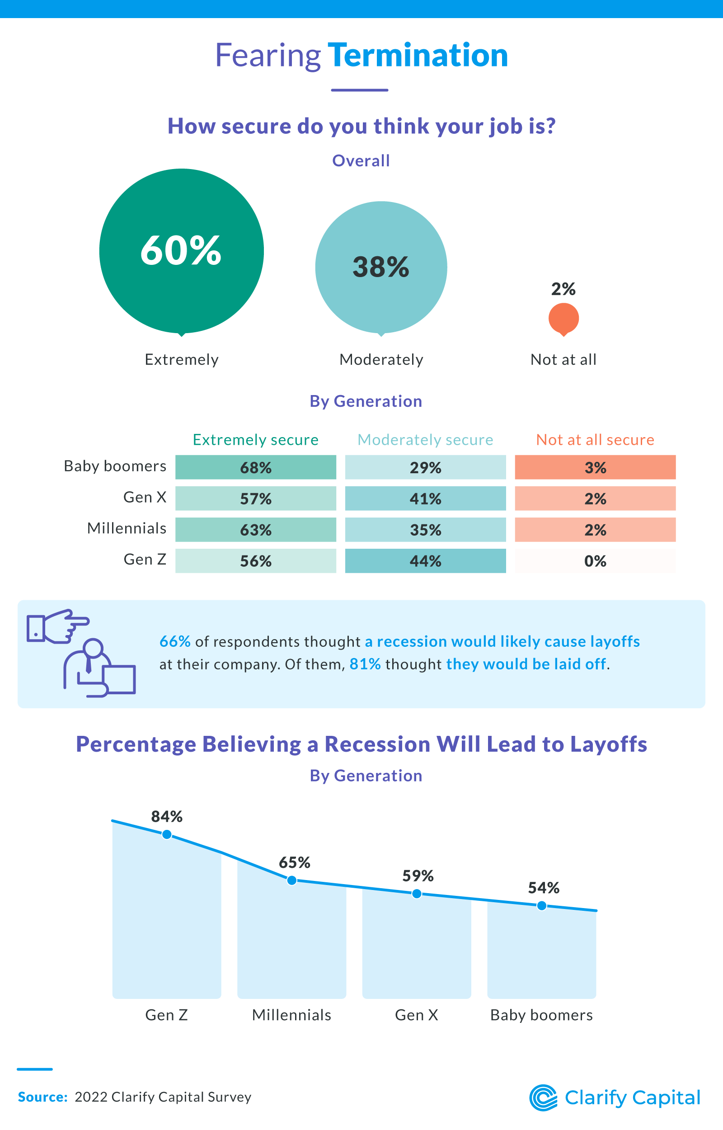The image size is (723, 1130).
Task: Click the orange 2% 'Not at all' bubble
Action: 563,319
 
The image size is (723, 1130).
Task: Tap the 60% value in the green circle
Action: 181,251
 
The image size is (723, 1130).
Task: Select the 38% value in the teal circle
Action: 381,267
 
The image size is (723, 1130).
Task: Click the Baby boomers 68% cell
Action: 255,467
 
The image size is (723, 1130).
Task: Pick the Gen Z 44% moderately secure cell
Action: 425,560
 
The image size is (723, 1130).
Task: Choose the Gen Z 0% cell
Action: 595,560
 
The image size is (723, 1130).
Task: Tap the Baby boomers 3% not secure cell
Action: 595,467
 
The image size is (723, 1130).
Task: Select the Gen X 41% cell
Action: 425,498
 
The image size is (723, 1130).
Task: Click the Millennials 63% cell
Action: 255,530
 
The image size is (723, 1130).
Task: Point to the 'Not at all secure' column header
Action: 595,439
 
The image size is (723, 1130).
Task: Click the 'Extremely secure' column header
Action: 255,439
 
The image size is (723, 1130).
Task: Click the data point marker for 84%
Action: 167,835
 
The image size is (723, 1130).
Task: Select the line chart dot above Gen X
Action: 417,894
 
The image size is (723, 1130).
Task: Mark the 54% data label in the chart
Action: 544,888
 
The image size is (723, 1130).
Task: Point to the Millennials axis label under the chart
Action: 291,1015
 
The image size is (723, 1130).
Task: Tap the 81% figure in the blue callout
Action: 365,664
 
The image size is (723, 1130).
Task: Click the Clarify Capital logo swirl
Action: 543,1097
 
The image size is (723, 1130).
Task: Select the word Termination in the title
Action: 418,56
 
